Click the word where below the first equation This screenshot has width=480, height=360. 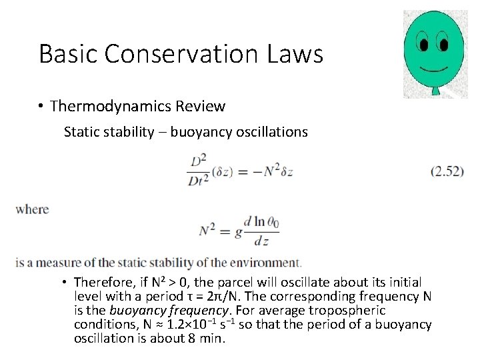(33, 209)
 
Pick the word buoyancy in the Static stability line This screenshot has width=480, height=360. (199, 131)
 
